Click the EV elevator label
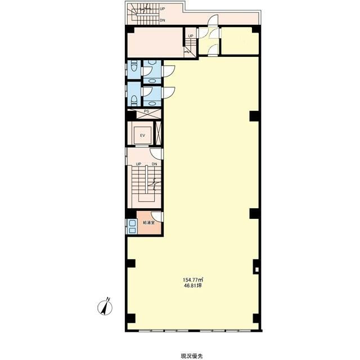point(142,136)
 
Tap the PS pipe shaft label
point(146,111)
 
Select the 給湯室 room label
point(148,223)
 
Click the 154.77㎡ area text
point(193,280)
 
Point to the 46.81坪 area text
point(192,286)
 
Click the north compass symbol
point(105,306)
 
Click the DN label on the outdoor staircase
point(163,20)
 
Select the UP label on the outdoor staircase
point(163,9)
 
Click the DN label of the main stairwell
point(155,164)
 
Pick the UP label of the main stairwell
point(138,164)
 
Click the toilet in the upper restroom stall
point(134,66)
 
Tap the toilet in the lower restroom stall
point(134,100)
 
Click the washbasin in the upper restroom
point(152,81)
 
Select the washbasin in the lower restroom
point(152,103)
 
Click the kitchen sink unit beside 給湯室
point(132,226)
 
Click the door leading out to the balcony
point(213,20)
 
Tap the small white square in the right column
point(256,269)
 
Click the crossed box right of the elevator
point(159,133)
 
